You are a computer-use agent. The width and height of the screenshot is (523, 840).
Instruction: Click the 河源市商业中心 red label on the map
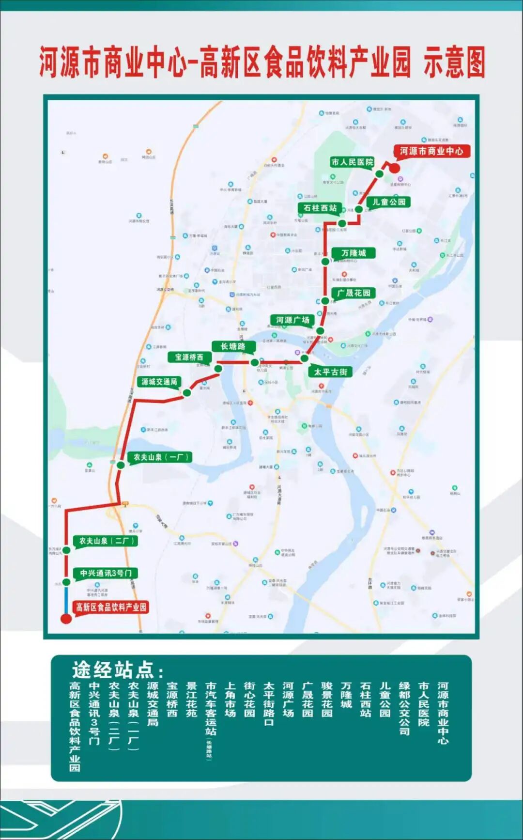tap(431, 151)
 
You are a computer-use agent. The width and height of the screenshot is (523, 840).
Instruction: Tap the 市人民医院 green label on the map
tap(352, 162)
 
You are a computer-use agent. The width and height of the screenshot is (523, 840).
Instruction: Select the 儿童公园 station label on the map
tap(388, 202)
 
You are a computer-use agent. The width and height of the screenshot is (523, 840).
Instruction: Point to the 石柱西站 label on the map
tap(320, 208)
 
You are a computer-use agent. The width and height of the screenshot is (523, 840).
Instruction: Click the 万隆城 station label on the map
tap(354, 253)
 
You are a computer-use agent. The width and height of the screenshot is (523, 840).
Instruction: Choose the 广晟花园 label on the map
tap(354, 293)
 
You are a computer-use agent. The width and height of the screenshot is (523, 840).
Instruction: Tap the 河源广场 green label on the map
tap(292, 320)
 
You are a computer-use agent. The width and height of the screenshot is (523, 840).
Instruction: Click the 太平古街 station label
tap(330, 372)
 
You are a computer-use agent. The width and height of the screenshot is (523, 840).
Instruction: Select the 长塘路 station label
tap(233, 346)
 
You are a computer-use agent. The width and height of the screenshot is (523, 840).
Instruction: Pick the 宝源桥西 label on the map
tap(189, 357)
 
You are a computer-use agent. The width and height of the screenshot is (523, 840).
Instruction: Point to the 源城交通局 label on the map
tap(159, 382)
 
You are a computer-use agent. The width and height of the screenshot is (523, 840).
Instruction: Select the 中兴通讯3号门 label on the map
tap(106, 573)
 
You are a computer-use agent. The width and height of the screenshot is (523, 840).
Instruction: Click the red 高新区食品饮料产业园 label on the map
tap(111, 607)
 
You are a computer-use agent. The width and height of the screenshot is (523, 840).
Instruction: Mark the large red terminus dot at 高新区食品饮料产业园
tap(66, 619)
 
